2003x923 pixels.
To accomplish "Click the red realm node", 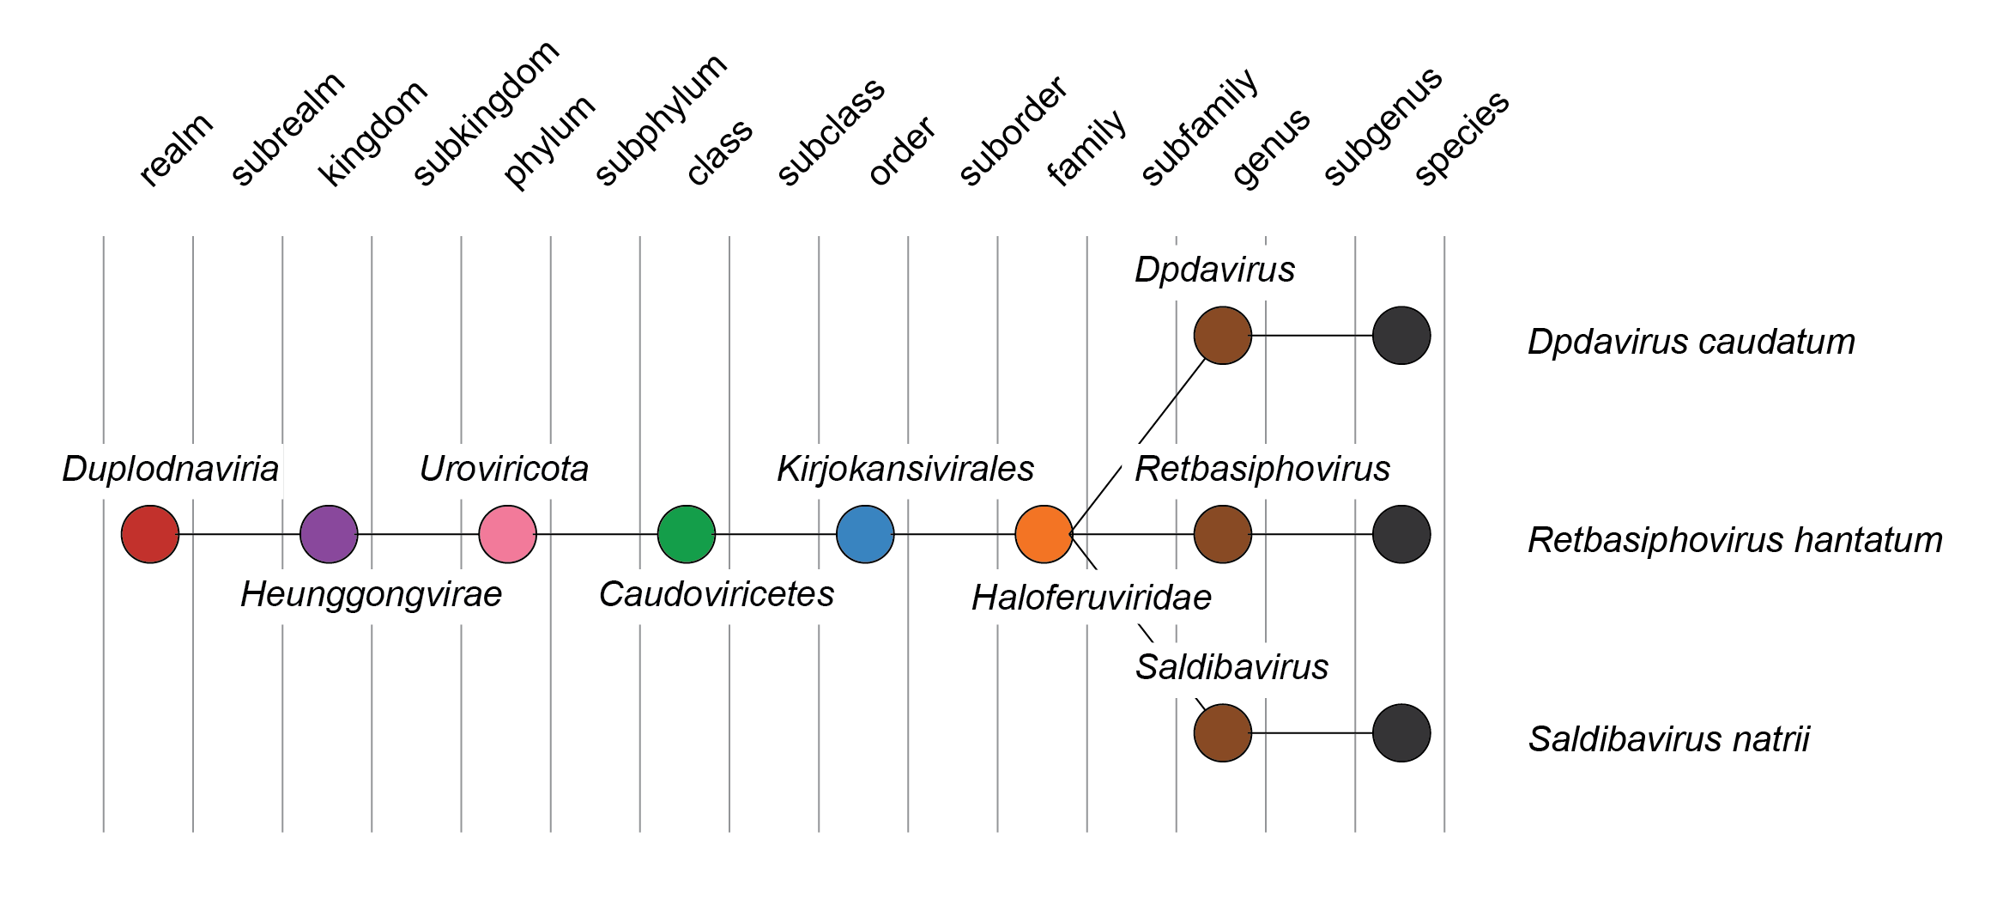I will [x=150, y=534].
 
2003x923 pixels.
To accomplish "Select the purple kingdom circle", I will [x=329, y=534].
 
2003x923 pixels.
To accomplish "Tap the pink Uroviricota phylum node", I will [x=507, y=534].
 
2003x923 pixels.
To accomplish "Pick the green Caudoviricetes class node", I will [x=687, y=534].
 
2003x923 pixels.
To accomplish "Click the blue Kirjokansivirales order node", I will [x=865, y=534].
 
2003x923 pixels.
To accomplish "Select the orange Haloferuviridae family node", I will [x=1044, y=534].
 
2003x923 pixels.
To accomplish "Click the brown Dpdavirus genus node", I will [x=1223, y=336].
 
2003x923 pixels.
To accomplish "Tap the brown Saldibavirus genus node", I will [x=1223, y=733].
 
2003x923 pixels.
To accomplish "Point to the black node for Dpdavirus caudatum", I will [x=1401, y=336].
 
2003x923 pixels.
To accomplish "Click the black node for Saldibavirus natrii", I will [x=1401, y=733].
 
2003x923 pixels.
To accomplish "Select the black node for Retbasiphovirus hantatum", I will [x=1401, y=534].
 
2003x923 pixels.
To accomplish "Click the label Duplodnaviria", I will [x=170, y=469].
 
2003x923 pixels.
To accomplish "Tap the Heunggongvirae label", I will [x=371, y=594].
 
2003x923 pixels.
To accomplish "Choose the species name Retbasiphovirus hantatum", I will [x=1734, y=541].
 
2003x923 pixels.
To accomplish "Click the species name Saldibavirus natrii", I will [x=1668, y=739].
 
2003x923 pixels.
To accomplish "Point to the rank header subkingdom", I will [x=486, y=113].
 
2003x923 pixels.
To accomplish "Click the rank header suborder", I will [x=1014, y=131].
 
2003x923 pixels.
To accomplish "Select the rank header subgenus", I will [x=1383, y=126].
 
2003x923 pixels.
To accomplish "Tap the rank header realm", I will [x=176, y=150].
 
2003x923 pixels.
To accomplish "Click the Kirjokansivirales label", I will [x=905, y=469].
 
